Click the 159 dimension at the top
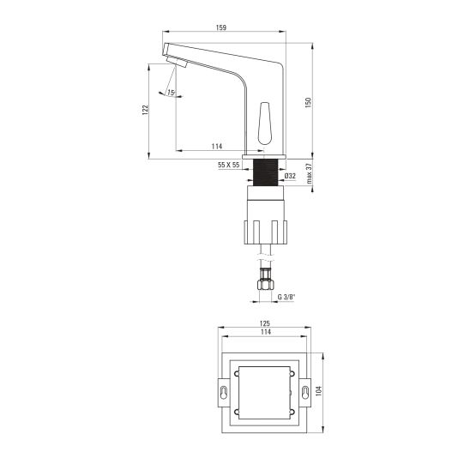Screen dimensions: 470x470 221,27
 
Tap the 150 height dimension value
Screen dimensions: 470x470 308,103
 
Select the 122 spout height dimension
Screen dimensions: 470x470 146,110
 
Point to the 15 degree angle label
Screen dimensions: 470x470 171,93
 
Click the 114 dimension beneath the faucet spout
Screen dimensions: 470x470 217,147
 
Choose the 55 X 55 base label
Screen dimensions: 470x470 229,165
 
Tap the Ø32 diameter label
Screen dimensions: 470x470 290,176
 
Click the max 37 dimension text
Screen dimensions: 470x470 310,173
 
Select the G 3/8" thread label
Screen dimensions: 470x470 286,297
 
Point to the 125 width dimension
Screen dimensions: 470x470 265,323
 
